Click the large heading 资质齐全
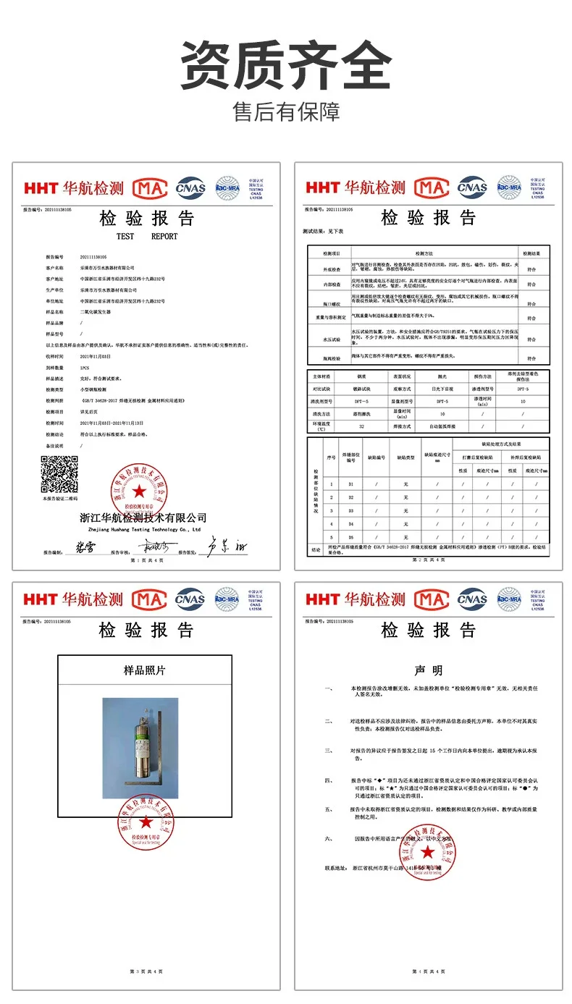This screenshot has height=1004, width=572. click(285, 65)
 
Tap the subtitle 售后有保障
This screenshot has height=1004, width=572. click(285, 112)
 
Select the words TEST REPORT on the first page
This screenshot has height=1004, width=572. click(146, 236)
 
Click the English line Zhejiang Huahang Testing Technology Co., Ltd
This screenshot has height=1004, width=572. click(143, 529)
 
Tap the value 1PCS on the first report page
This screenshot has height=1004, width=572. click(85, 368)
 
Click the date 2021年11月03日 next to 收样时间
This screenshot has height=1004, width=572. click(96, 356)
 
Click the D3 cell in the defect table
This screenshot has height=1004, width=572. click(352, 510)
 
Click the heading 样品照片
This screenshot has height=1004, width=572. click(145, 671)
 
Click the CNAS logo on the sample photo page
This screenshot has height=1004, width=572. click(190, 599)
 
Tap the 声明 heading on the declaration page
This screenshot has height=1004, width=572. click(428, 671)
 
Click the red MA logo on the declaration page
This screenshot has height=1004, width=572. click(431, 599)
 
